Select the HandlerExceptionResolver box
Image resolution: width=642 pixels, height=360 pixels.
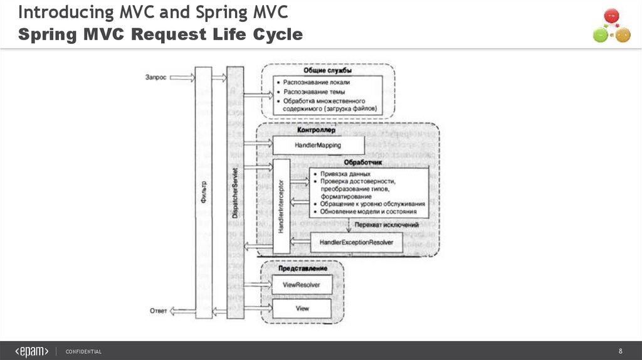pos(356,241)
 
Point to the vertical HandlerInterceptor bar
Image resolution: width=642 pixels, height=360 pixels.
pos(280,206)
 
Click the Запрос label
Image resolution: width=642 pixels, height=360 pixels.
pos(155,78)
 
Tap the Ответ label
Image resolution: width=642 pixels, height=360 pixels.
pos(157,309)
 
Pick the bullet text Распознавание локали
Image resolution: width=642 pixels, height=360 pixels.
pos(316,83)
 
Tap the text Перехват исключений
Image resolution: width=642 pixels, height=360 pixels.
pos(386,225)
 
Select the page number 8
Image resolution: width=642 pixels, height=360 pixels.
pos(621,351)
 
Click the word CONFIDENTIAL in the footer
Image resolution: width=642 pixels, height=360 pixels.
pos(83,351)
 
